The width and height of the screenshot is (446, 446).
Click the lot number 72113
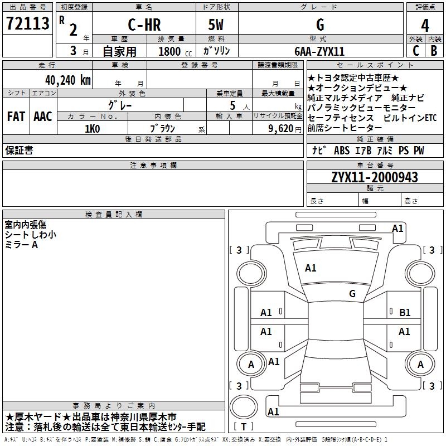[27, 23]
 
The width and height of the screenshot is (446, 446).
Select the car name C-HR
[144, 25]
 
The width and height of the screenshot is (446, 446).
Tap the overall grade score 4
[425, 26]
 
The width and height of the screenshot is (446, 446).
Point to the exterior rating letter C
[416, 51]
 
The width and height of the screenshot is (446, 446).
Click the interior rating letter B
[434, 51]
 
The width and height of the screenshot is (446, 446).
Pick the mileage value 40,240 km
[68, 80]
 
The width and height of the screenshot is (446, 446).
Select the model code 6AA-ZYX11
[319, 51]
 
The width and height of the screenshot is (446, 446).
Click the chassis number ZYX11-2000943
[375, 177]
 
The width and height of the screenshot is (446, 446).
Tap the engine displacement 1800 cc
[175, 51]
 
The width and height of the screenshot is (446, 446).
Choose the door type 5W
[216, 25]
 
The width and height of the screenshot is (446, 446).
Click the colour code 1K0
[93, 129]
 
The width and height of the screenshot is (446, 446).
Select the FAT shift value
[16, 117]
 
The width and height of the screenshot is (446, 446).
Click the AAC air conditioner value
[43, 117]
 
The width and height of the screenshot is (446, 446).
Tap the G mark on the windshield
[352, 294]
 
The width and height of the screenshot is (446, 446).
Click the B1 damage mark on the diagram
[405, 313]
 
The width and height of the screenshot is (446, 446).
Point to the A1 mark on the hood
[311, 268]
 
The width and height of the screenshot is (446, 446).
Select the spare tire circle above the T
[244, 407]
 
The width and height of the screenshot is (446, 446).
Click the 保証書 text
[19, 151]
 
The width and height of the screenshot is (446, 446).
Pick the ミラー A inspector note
[21, 245]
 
